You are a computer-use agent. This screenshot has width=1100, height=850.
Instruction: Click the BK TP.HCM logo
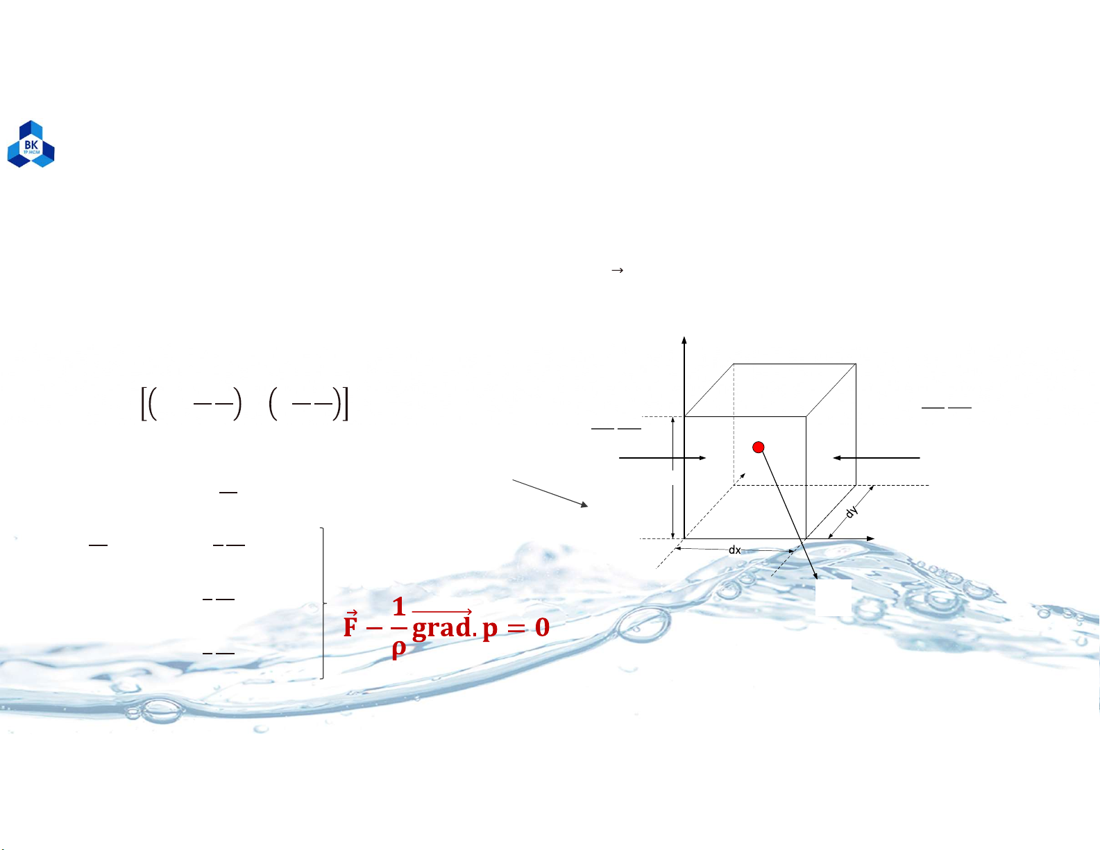point(31,144)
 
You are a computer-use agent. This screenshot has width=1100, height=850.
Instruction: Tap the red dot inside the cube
point(758,448)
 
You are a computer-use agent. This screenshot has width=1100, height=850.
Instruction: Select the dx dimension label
point(734,550)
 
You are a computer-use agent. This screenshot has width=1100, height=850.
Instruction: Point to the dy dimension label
point(852,511)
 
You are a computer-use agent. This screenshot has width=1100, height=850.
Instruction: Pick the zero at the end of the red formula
point(542,627)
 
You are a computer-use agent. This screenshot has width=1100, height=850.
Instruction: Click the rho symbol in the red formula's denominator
point(399,649)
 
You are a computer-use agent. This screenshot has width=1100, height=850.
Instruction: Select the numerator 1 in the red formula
point(399,606)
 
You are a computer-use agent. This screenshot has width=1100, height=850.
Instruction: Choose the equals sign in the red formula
point(516,628)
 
